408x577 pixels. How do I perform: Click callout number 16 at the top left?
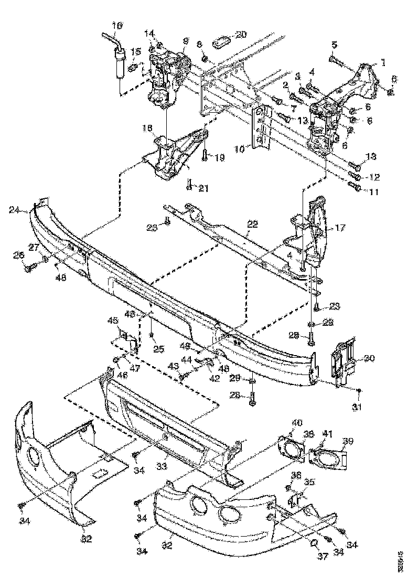point(117,25)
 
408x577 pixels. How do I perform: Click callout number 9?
point(185,41)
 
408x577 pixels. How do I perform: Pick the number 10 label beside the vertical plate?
point(240,149)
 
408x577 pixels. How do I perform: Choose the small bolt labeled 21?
point(189,185)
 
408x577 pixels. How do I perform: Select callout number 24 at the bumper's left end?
point(15,211)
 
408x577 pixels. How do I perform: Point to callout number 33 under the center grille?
point(163,466)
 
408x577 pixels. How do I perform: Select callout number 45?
point(113,321)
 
